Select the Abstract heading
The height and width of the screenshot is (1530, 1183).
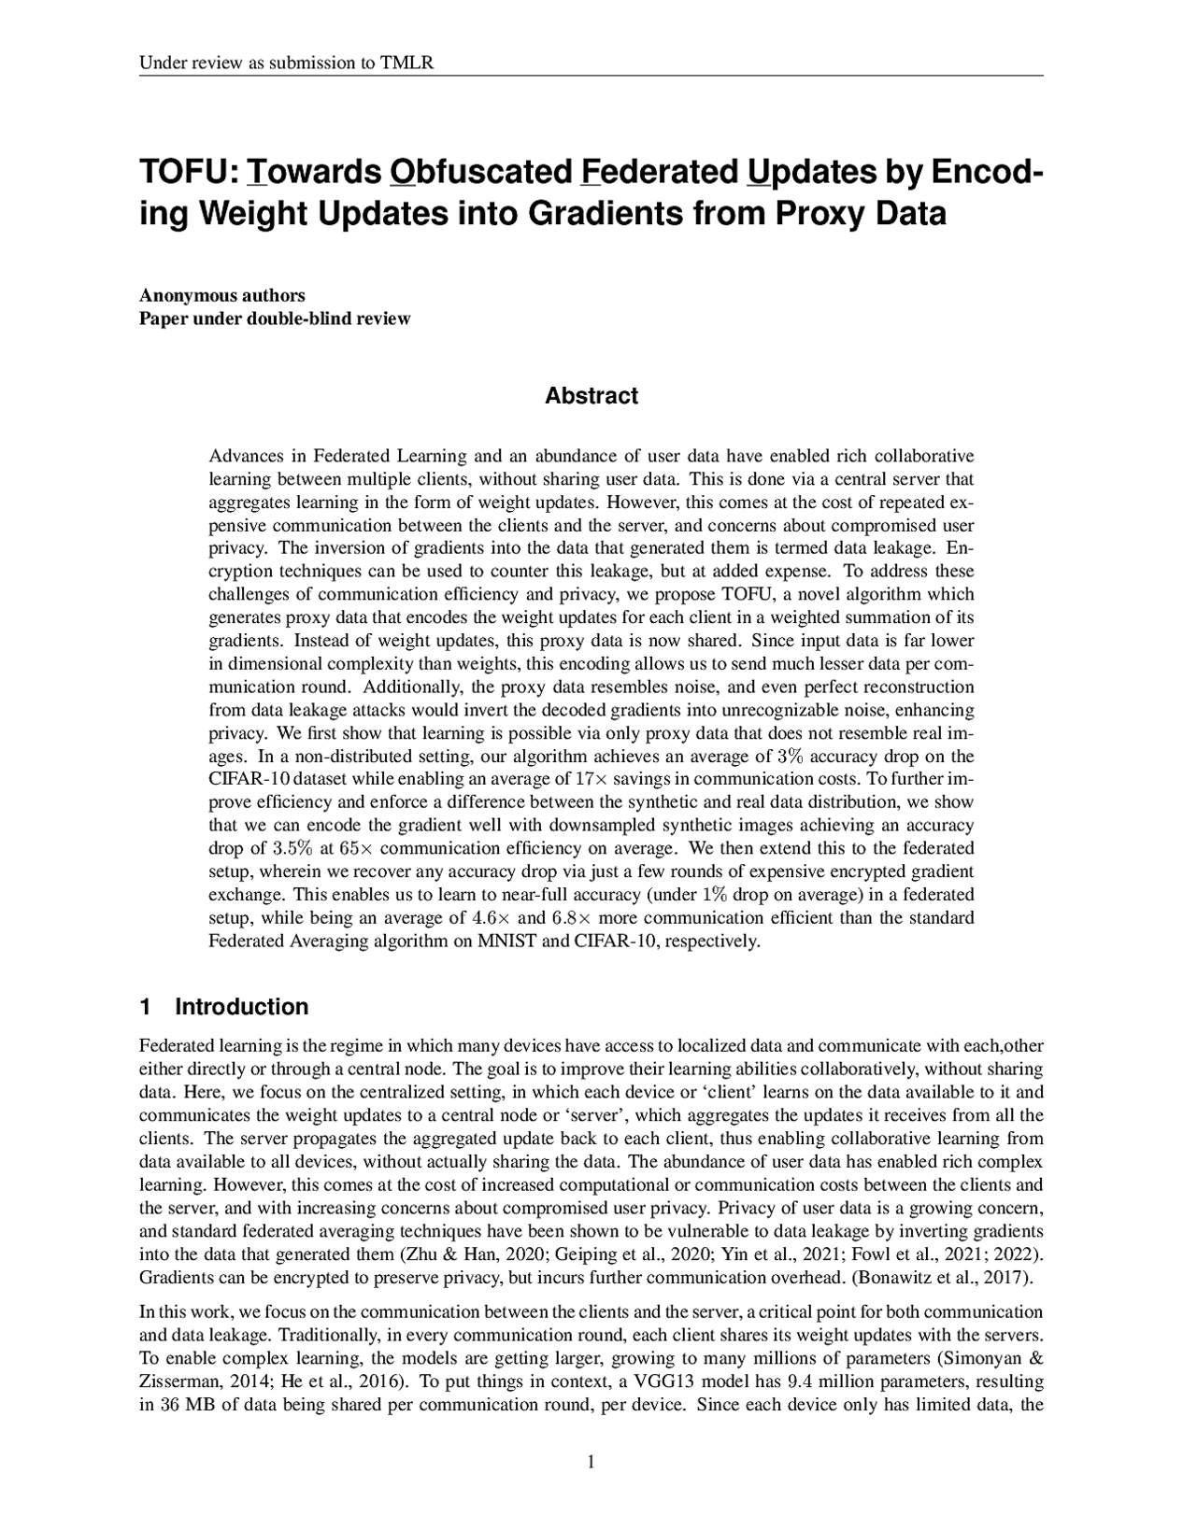pos(591,396)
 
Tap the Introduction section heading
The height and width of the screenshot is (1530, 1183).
pos(241,1007)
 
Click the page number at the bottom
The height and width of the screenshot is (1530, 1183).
pos(591,1462)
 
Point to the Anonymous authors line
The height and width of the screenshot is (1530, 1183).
pos(222,296)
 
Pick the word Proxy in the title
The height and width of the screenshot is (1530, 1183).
pos(815,214)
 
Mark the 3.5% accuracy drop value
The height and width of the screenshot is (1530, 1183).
pos(291,848)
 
